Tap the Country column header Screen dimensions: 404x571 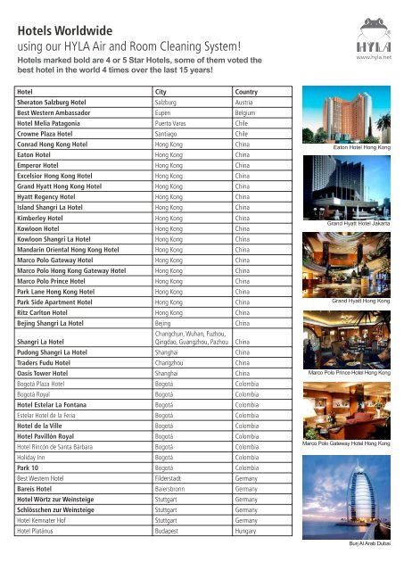pyautogui.click(x=247, y=92)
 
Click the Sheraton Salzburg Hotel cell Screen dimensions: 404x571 pyautogui.click(x=55, y=104)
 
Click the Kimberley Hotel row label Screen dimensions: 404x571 pyautogui.click(x=45, y=217)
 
